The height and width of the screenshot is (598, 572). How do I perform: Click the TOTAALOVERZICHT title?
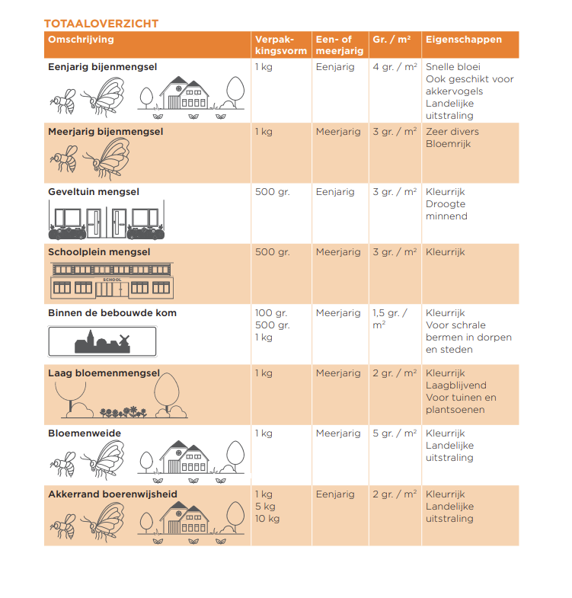click(x=101, y=24)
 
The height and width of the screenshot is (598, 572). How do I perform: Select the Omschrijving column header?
click(x=81, y=40)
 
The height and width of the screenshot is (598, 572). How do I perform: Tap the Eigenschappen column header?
click(x=464, y=40)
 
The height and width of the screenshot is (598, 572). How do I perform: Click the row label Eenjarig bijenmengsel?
click(x=102, y=67)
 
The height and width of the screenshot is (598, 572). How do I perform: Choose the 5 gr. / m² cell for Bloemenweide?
click(x=395, y=433)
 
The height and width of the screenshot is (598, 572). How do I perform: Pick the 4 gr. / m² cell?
click(x=395, y=67)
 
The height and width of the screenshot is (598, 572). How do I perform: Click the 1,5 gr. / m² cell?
click(x=390, y=318)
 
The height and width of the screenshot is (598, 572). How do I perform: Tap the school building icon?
click(x=112, y=281)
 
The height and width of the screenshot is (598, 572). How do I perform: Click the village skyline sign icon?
click(x=102, y=341)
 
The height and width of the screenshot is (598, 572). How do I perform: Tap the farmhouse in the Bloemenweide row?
click(x=184, y=460)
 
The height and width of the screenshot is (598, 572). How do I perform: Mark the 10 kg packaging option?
click(x=267, y=519)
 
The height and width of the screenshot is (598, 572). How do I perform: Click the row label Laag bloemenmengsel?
click(x=104, y=373)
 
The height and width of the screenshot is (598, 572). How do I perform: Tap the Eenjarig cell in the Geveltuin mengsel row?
click(x=335, y=192)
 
